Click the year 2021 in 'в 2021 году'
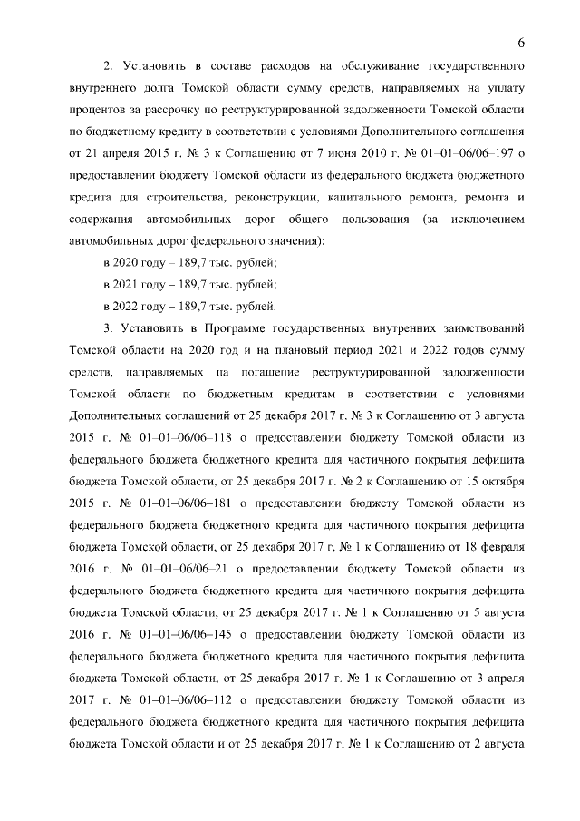point(126,283)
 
